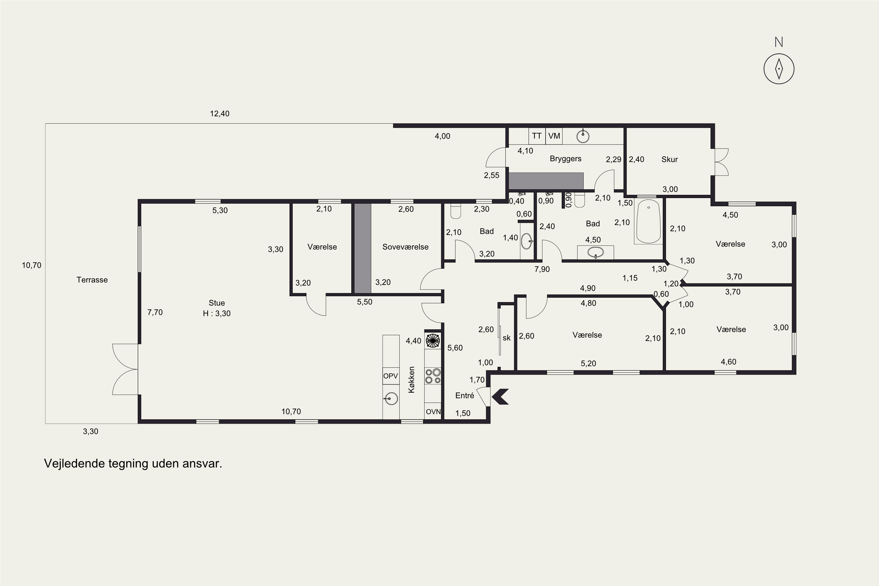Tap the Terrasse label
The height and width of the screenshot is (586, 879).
coord(92,280)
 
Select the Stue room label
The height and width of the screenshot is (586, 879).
coord(217,303)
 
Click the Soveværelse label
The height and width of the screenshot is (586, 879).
coord(405,247)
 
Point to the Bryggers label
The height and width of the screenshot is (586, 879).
coord(565,159)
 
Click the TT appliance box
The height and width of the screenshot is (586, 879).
coord(537,136)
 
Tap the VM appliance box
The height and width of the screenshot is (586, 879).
coord(554,136)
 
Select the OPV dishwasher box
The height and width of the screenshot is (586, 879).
coord(391,376)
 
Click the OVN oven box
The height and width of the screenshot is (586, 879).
coord(433,411)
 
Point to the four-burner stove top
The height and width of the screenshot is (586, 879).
coord(433,376)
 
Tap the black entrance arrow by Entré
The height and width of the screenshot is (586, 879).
coord(500,396)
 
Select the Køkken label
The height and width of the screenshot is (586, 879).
coord(411,379)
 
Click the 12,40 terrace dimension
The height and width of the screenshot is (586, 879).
coord(219,114)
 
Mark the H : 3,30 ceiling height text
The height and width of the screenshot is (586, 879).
coord(217,314)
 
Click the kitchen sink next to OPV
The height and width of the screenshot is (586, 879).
coord(390,399)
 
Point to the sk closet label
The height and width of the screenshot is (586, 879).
coord(506,338)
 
